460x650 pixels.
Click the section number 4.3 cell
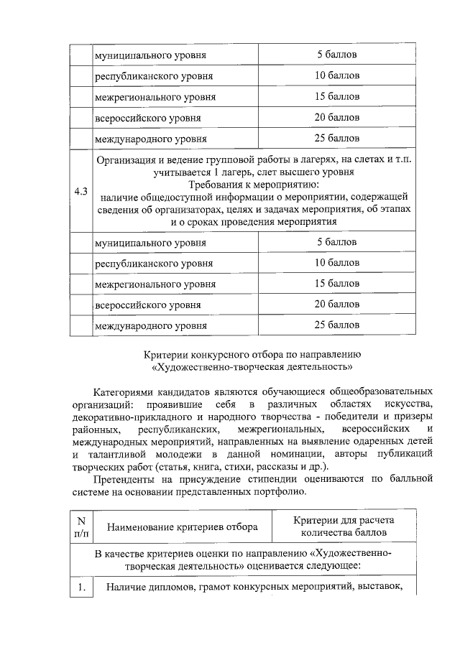pyautogui.click(x=81, y=191)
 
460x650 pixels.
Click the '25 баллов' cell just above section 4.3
pyautogui.click(x=337, y=138)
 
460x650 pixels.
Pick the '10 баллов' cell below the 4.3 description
pyautogui.click(x=337, y=263)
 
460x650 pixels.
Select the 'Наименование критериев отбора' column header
pyautogui.click(x=183, y=527)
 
